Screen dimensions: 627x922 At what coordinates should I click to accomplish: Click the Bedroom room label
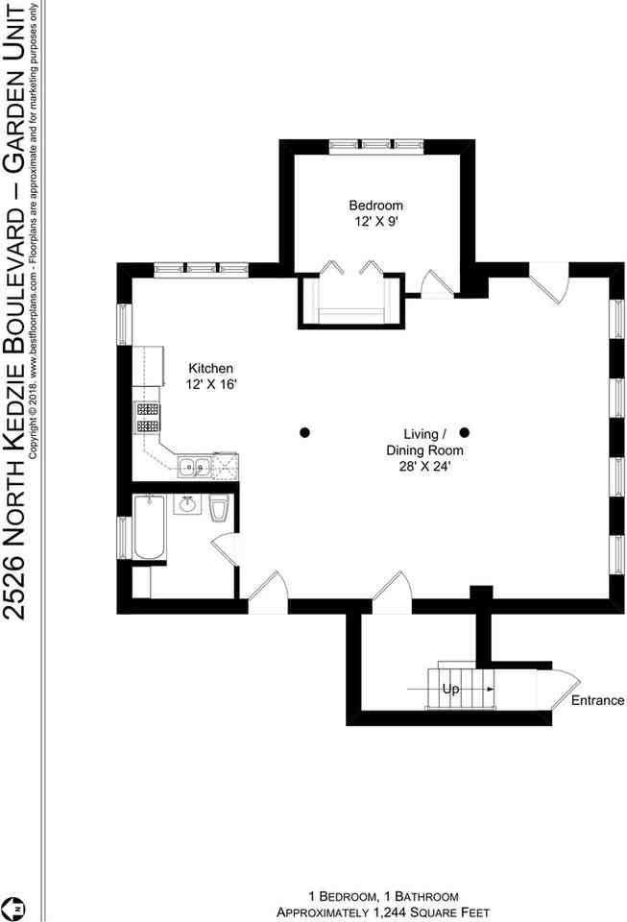coord(375,206)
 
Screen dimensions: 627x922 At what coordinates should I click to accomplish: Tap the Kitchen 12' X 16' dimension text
coord(211,384)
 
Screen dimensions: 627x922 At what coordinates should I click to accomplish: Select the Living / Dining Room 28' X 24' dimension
coord(424,468)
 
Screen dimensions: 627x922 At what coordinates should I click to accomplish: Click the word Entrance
coord(597,700)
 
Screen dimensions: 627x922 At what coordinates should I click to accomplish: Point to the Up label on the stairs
coord(450,689)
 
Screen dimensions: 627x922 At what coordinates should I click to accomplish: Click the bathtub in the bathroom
coord(149,527)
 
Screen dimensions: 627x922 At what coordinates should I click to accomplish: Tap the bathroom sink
coord(187,504)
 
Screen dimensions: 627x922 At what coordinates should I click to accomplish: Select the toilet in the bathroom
coord(219,508)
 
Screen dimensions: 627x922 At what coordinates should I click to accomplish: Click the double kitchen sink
coord(195,467)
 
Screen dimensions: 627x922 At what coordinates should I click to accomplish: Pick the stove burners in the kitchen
coord(148,417)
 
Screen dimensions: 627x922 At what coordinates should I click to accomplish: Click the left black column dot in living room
coord(304,433)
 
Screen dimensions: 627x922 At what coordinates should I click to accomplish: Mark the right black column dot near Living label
coord(464,433)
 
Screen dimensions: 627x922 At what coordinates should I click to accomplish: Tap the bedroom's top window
coord(376,146)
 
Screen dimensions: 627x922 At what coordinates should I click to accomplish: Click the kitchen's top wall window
coord(202,270)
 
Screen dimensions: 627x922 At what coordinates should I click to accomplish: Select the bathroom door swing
coord(226,549)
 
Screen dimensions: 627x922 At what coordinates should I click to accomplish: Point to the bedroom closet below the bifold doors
coord(351,300)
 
